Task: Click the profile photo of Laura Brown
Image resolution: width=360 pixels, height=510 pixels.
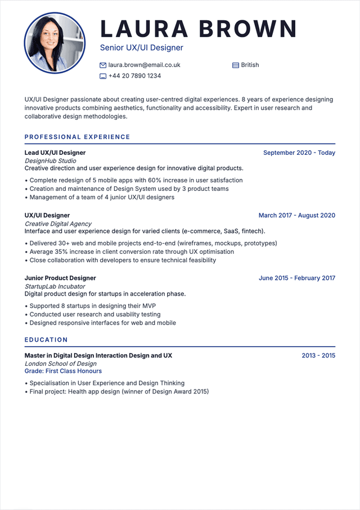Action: click(x=55, y=43)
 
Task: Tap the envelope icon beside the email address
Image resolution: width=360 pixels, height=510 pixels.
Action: click(x=103, y=65)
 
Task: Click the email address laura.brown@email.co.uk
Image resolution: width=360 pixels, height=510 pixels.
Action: click(x=144, y=65)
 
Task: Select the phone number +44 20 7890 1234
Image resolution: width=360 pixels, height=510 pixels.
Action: click(x=134, y=76)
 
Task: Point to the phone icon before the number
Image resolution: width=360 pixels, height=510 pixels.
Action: click(x=103, y=76)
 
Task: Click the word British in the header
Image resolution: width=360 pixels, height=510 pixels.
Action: click(x=250, y=65)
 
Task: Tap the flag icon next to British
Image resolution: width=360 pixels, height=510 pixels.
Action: click(x=236, y=65)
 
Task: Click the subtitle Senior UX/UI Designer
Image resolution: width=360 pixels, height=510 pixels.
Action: click(x=141, y=48)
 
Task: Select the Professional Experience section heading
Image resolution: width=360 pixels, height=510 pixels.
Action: click(x=77, y=137)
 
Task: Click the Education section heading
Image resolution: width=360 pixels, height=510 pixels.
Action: click(x=46, y=339)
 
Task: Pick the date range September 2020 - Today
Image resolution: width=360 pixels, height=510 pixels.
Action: click(x=299, y=153)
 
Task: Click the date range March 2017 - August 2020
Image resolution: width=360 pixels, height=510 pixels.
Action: click(x=296, y=215)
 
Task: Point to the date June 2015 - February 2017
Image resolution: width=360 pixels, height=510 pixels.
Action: click(x=296, y=278)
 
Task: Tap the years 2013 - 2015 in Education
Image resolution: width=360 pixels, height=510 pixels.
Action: click(x=318, y=356)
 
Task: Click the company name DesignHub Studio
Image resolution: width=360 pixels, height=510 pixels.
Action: click(x=51, y=161)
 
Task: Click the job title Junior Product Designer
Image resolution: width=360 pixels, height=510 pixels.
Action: click(x=60, y=278)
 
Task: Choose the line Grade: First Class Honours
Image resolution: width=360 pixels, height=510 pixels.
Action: click(x=63, y=371)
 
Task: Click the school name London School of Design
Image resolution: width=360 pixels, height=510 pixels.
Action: click(x=61, y=364)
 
